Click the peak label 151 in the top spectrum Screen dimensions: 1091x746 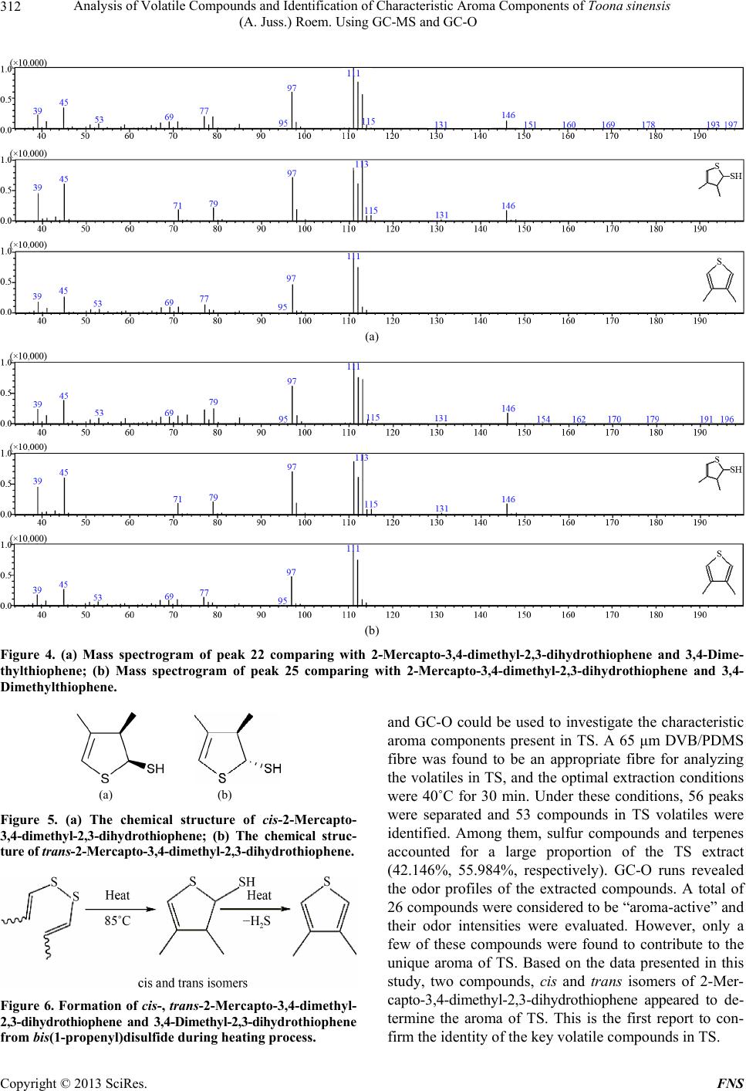pos(530,125)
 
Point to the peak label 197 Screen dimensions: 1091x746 pos(731,125)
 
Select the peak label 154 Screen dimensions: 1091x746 pos(543,419)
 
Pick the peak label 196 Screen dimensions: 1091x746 pos(727,419)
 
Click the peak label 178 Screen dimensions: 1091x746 pos(648,125)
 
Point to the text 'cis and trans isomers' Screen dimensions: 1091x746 pos(192,983)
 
